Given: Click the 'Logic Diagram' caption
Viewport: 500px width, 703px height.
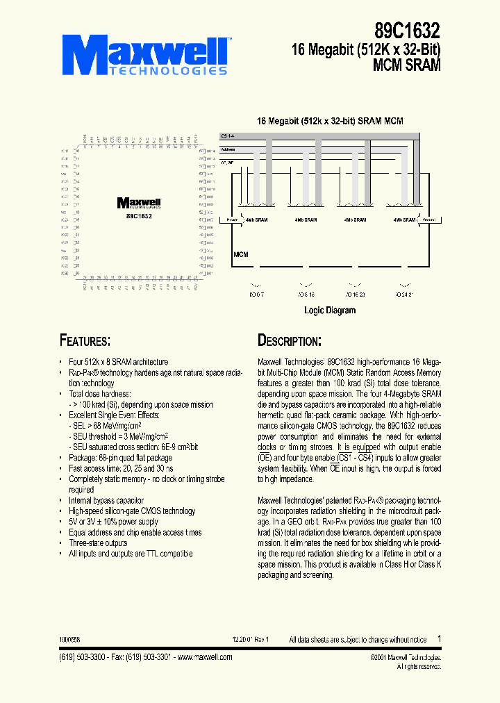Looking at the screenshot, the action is point(330,311).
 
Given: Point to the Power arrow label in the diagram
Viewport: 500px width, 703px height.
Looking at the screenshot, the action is point(228,220).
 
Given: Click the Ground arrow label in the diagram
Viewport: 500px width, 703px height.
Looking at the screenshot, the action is point(428,220).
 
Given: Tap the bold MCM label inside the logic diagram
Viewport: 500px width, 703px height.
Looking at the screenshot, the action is point(241,255).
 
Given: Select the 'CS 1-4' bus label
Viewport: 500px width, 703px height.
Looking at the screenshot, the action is point(227,135).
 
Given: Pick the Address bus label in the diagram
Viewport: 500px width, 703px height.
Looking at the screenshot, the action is point(227,149).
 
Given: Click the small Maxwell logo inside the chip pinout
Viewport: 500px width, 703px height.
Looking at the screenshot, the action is point(139,203).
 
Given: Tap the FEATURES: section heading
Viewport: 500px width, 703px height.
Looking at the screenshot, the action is point(85,340).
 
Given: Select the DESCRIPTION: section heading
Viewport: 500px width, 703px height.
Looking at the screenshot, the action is point(289,340).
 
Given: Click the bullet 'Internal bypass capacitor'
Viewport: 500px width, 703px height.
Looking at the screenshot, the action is point(106,500).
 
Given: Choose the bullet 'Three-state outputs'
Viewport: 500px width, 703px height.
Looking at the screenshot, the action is point(98,543).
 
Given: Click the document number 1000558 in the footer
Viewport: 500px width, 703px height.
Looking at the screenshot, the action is point(69,639).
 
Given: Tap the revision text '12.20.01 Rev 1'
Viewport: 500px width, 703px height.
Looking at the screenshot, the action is point(250,639).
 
